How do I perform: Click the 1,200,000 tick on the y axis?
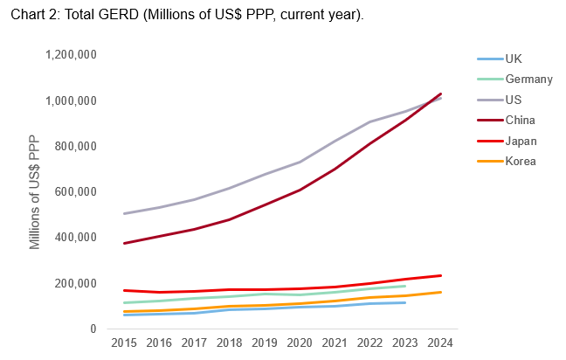(x=69, y=55)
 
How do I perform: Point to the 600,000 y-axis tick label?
(x=73, y=192)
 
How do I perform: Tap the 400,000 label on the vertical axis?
(x=73, y=238)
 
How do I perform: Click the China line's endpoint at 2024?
(x=440, y=93)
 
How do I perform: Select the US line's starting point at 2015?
(x=123, y=213)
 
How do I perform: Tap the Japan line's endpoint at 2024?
(x=440, y=275)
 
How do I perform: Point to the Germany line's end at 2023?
(x=405, y=286)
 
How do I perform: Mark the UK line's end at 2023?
(x=405, y=302)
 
